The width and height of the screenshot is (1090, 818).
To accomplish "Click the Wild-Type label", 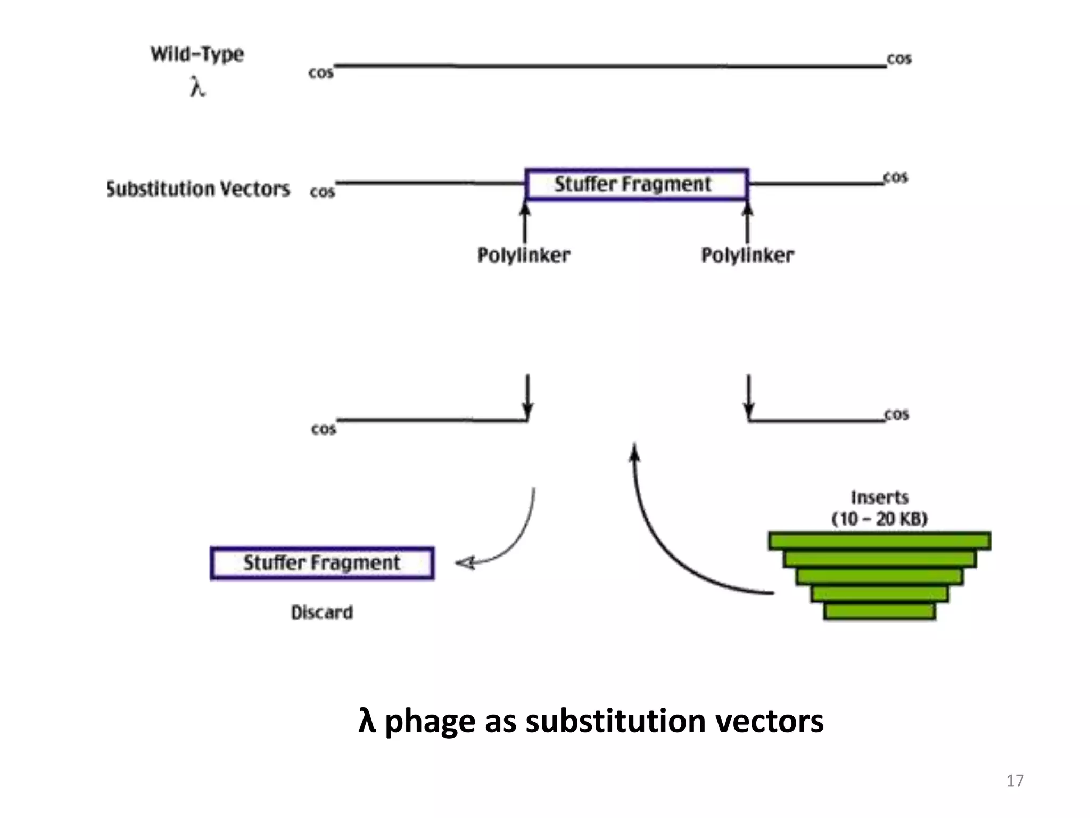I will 197,54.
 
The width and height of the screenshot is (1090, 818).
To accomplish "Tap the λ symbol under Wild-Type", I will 197,87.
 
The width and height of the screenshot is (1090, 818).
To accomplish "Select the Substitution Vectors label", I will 199,189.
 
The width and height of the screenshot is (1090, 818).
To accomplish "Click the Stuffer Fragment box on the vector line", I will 637,185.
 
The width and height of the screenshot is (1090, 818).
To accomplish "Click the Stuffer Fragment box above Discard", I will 322,563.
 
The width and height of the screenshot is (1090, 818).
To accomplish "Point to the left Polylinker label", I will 524,255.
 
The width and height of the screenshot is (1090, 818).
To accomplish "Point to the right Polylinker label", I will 747,255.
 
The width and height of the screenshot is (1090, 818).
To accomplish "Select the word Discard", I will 322,612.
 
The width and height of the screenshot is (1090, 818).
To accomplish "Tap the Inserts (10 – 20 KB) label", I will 880,508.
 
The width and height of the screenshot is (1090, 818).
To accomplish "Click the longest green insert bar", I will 879,541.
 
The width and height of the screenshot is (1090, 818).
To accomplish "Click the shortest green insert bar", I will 879,611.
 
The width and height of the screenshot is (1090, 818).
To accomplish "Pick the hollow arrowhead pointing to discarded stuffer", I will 466,563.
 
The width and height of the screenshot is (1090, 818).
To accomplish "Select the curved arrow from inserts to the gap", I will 660,538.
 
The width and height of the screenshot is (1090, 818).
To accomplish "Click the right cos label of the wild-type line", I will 899,59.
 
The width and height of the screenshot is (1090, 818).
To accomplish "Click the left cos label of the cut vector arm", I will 324,429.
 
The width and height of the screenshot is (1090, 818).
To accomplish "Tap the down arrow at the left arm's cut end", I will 527,397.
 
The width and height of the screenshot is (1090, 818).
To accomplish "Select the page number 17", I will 1014,781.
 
